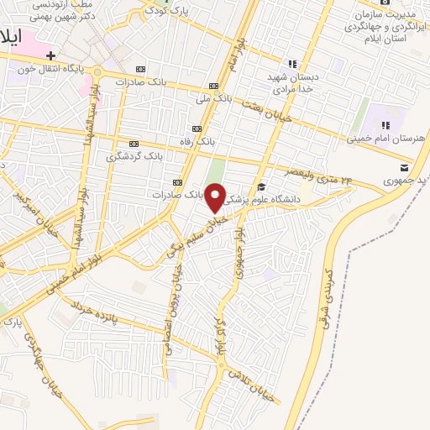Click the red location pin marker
[216, 197]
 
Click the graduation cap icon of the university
[261, 186]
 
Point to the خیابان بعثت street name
[267, 110]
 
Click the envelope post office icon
[405, 168]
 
